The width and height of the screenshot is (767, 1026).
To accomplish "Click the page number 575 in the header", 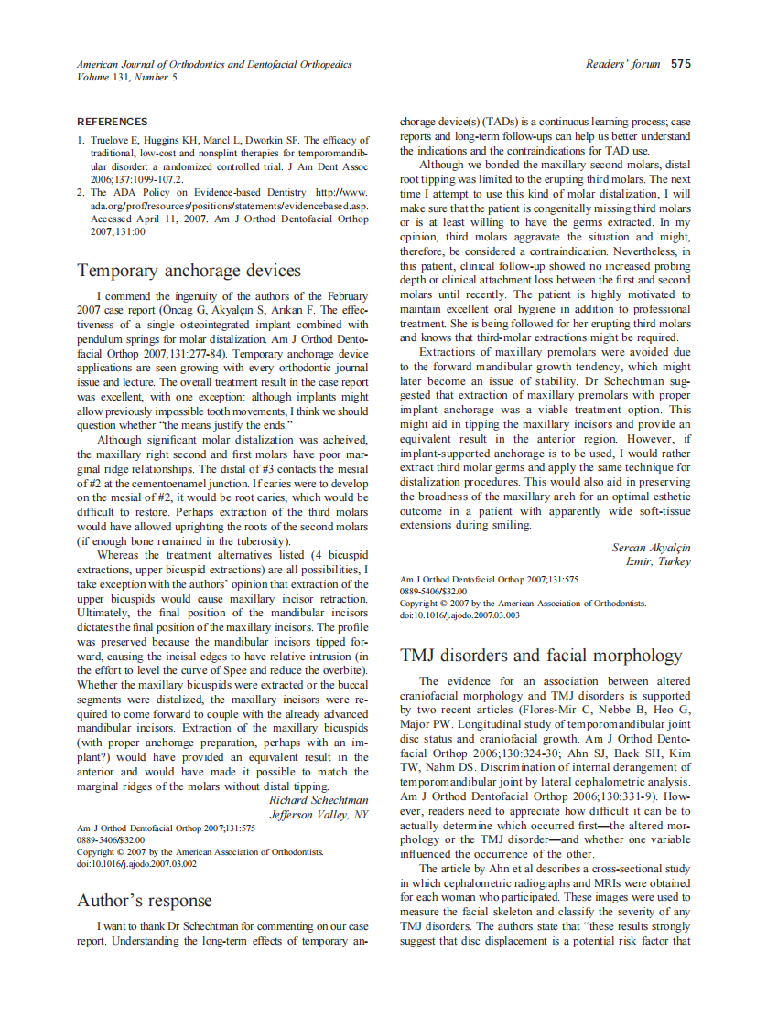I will click(680, 64).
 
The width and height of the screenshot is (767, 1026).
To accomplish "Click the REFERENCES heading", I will click(112, 122).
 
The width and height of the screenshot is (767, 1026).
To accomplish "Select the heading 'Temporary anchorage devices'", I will click(189, 271).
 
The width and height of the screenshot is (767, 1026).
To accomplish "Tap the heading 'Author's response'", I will click(145, 901).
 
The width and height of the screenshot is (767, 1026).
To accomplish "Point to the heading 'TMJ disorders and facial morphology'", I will click(541, 655).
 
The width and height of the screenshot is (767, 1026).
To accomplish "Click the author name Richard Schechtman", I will click(319, 800).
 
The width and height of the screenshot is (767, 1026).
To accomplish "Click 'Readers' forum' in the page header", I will click(622, 64).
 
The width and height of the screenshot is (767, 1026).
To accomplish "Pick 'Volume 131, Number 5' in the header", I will click(127, 77).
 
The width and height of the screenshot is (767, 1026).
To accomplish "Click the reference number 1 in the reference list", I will click(80, 140).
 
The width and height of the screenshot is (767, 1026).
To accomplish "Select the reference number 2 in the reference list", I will click(80, 193).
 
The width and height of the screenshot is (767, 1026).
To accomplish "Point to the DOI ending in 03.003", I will click(459, 615).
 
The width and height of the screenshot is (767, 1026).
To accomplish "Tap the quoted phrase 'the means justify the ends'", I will click(229, 424).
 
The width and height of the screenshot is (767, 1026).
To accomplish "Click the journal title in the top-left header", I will click(214, 64).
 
